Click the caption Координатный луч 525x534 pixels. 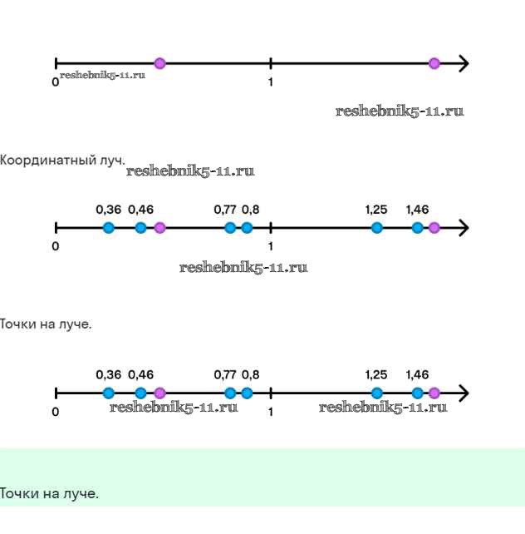click(x=62, y=160)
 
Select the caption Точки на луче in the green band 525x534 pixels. click(x=49, y=494)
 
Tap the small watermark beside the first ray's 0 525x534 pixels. click(x=102, y=76)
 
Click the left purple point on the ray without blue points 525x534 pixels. click(x=159, y=63)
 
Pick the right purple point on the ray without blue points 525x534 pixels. click(x=434, y=63)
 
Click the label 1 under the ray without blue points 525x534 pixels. click(x=271, y=82)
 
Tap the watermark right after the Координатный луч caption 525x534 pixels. click(x=190, y=172)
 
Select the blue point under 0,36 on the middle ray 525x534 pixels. click(x=109, y=228)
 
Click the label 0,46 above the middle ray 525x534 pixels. click(x=141, y=210)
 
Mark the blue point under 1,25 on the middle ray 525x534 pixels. click(x=377, y=228)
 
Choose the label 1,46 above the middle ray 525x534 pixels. click(x=417, y=210)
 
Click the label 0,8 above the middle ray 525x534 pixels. click(x=250, y=210)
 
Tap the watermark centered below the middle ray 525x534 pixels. click(x=243, y=268)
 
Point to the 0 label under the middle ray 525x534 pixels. click(x=55, y=246)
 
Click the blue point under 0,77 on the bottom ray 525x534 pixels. click(x=230, y=393)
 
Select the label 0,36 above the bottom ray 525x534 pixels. click(x=108, y=375)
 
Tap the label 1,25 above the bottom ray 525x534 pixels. click(x=376, y=375)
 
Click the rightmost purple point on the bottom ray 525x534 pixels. click(x=434, y=393)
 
